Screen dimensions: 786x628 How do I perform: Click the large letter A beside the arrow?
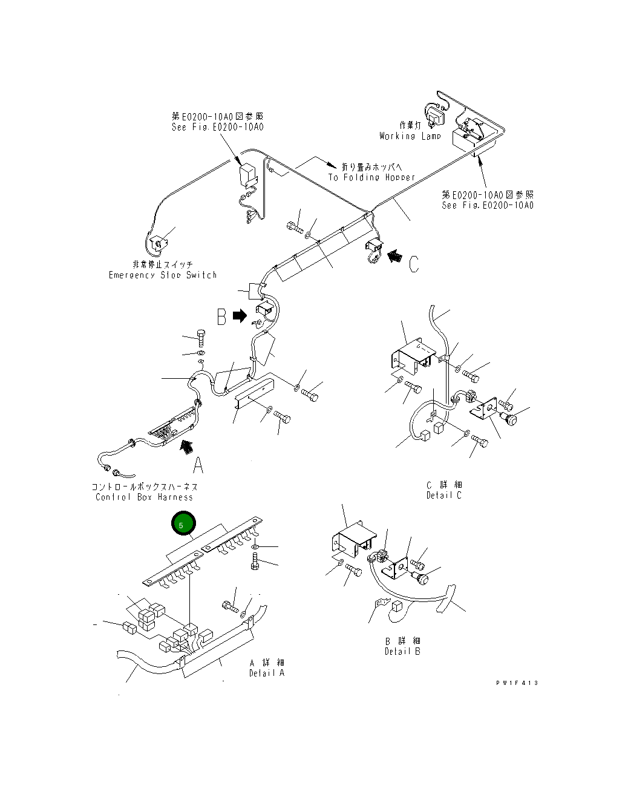click(x=198, y=465)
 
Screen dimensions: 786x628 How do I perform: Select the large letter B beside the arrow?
click(x=222, y=316)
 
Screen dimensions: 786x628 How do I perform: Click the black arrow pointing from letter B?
click(x=240, y=315)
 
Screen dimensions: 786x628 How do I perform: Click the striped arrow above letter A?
click(x=188, y=447)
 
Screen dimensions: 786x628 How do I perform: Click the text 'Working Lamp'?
click(x=410, y=136)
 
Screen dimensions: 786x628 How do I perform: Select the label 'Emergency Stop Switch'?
click(x=163, y=275)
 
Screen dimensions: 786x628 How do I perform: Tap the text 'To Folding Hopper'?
click(x=372, y=177)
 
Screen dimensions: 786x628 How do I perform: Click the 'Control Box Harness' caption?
click(x=144, y=497)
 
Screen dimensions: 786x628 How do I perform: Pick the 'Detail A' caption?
click(x=266, y=673)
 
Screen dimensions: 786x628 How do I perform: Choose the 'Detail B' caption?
click(x=402, y=651)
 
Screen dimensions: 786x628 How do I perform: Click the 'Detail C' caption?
click(x=443, y=495)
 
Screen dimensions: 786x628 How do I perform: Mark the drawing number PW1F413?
click(x=517, y=683)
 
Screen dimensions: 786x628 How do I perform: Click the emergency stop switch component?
click(x=159, y=243)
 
